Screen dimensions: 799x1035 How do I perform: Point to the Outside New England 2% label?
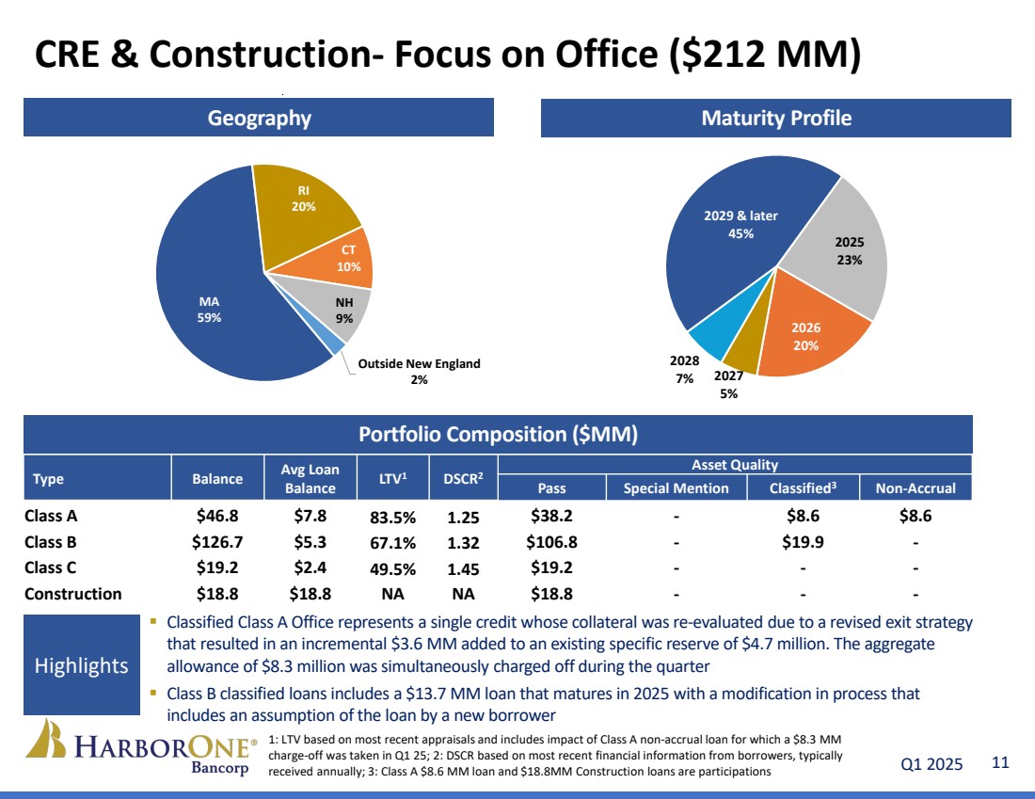click(x=420, y=372)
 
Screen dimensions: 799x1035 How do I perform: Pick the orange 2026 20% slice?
click(x=805, y=336)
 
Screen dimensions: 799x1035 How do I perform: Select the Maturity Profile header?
click(x=775, y=119)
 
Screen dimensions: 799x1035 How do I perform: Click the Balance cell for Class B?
click(x=217, y=542)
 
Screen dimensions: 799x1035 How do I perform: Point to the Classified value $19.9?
click(x=803, y=542)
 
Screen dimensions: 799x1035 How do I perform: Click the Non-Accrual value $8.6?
click(x=916, y=516)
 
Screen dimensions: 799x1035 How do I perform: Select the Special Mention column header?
click(x=676, y=487)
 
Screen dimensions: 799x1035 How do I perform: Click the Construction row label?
click(x=72, y=594)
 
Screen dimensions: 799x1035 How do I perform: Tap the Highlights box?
click(x=81, y=665)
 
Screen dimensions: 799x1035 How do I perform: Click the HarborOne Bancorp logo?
click(x=141, y=749)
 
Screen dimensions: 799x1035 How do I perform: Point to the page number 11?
click(x=999, y=763)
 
